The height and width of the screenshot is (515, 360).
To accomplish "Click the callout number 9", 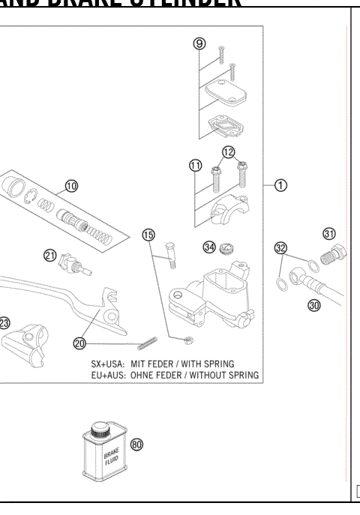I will click(x=199, y=43).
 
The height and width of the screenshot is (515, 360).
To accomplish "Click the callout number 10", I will click(x=72, y=184).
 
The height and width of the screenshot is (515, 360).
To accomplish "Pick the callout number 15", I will click(x=148, y=235).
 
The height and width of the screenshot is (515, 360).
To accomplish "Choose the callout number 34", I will click(x=209, y=247).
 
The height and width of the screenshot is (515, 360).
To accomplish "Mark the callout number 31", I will click(x=329, y=232).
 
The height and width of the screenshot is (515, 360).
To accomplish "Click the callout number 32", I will click(x=280, y=247).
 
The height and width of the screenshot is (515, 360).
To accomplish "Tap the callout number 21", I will click(x=50, y=255).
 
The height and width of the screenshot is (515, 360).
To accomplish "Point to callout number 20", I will click(x=80, y=343).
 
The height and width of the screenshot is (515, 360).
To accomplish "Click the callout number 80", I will click(x=136, y=444).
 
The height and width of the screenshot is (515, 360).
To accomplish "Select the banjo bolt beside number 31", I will click(x=331, y=253).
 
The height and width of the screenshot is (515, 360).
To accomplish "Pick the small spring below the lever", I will click(x=151, y=346).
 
